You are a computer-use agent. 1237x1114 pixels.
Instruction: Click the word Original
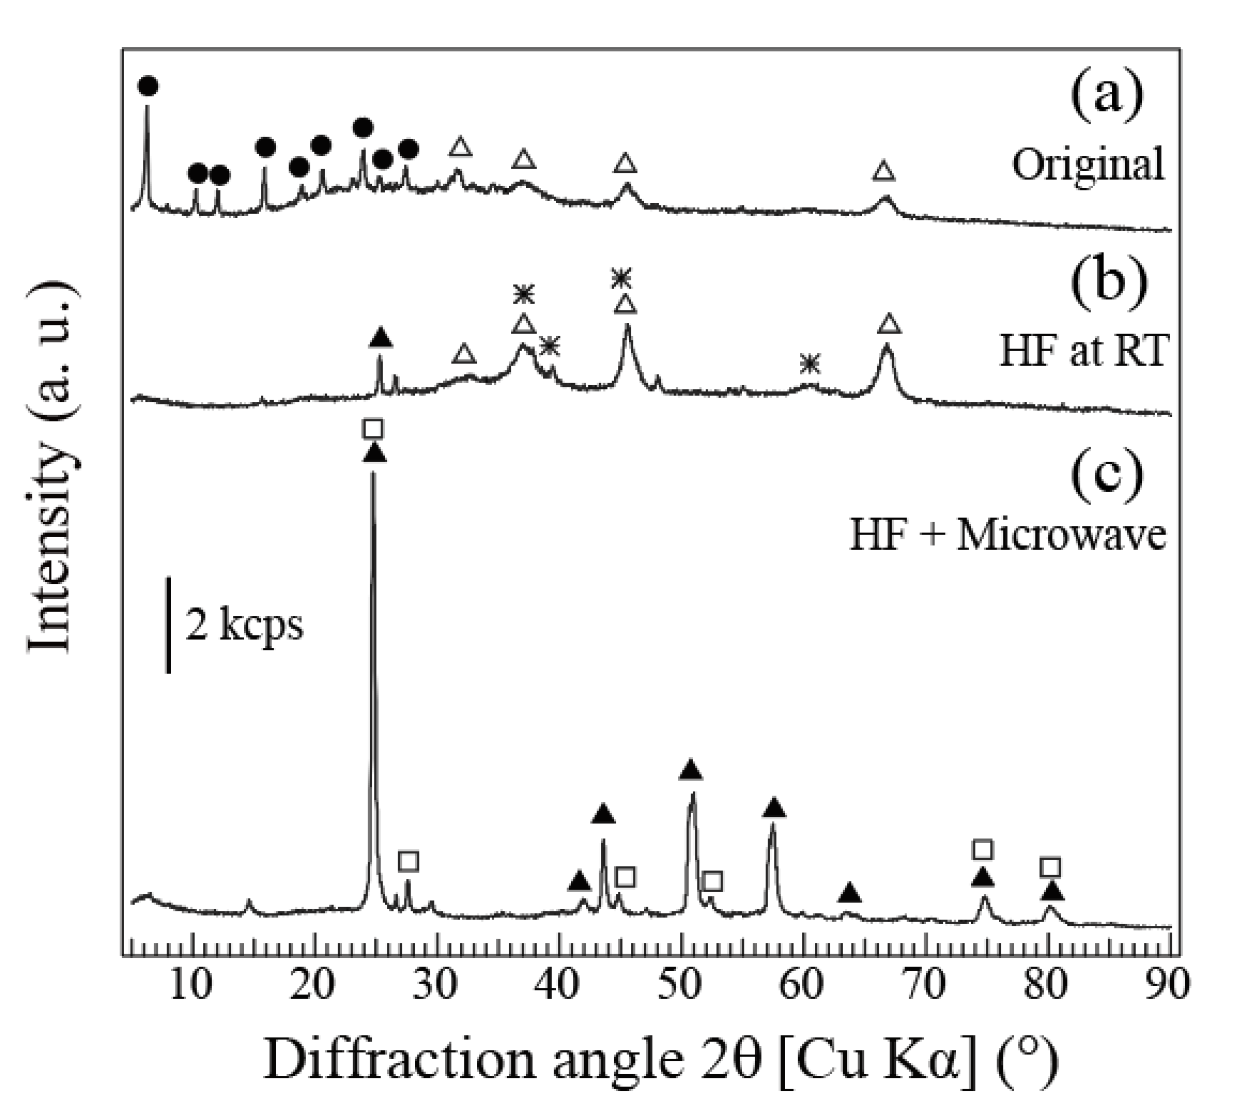1088,165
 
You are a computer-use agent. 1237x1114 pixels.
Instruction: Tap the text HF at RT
1083,351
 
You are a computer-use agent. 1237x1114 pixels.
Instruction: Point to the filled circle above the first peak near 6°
148,86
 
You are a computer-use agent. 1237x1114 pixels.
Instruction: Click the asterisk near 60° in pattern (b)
809,365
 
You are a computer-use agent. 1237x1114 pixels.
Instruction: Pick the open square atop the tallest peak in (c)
373,429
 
